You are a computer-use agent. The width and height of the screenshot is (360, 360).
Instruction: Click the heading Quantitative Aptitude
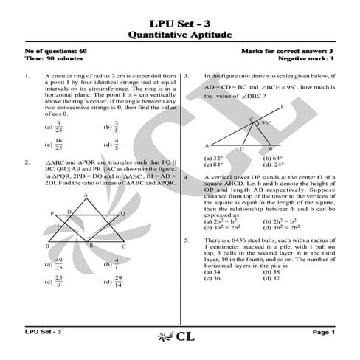click(x=180, y=34)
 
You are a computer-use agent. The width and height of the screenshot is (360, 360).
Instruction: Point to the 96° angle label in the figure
click(x=266, y=124)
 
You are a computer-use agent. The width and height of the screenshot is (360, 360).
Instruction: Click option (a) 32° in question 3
click(x=213, y=158)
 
